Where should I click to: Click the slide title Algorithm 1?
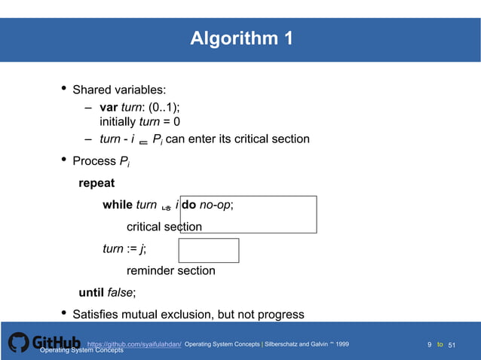[241, 38]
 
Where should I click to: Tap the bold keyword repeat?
[97, 183]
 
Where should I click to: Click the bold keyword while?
[118, 205]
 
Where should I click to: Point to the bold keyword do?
[188, 205]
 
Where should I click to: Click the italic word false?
[120, 293]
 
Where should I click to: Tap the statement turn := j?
[124, 249]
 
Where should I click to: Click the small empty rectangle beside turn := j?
[209, 251]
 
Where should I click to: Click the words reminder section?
[170, 271]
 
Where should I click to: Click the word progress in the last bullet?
[280, 315]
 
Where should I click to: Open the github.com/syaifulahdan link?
[134, 344]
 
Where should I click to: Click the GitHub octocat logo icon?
[20, 343]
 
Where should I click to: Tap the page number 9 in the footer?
[430, 345]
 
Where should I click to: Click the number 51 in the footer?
[452, 345]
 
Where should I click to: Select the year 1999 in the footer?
[342, 344]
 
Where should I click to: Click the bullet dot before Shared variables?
[63, 90]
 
